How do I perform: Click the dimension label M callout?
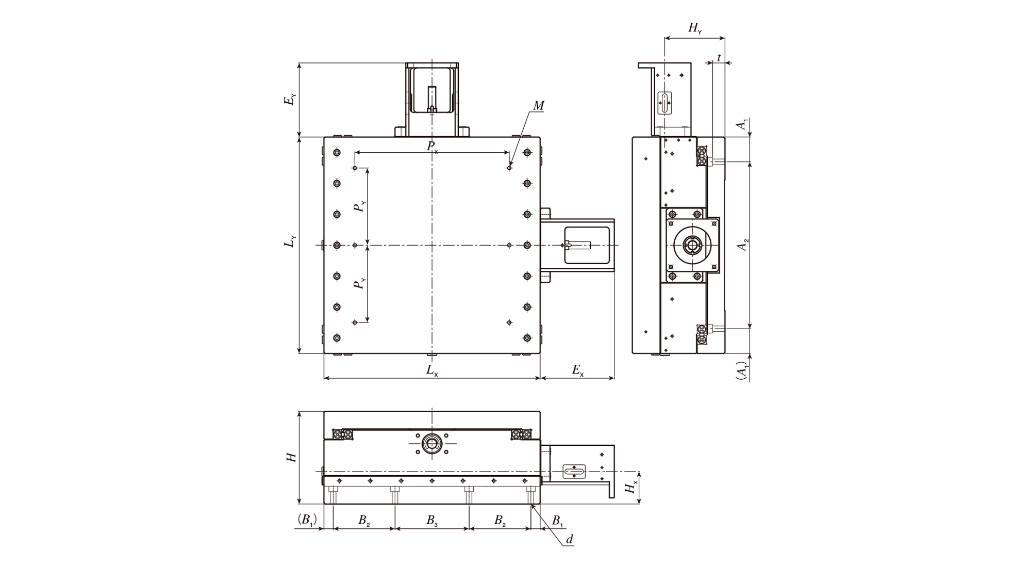(538, 106)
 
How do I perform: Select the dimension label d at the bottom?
(569, 540)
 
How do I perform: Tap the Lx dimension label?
(432, 370)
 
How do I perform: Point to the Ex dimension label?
(578, 370)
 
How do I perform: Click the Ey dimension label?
(291, 100)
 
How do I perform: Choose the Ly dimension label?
(291, 241)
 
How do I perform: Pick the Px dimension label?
(432, 147)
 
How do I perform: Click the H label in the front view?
(292, 457)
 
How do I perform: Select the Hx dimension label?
(631, 486)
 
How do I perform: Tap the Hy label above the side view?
(695, 28)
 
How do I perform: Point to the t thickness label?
(719, 58)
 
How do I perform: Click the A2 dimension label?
(743, 245)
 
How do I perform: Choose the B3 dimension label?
(432, 521)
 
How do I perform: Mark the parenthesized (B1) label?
(307, 520)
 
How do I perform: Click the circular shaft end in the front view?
(431, 443)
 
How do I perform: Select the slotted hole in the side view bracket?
(666, 103)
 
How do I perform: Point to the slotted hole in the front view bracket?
(574, 471)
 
